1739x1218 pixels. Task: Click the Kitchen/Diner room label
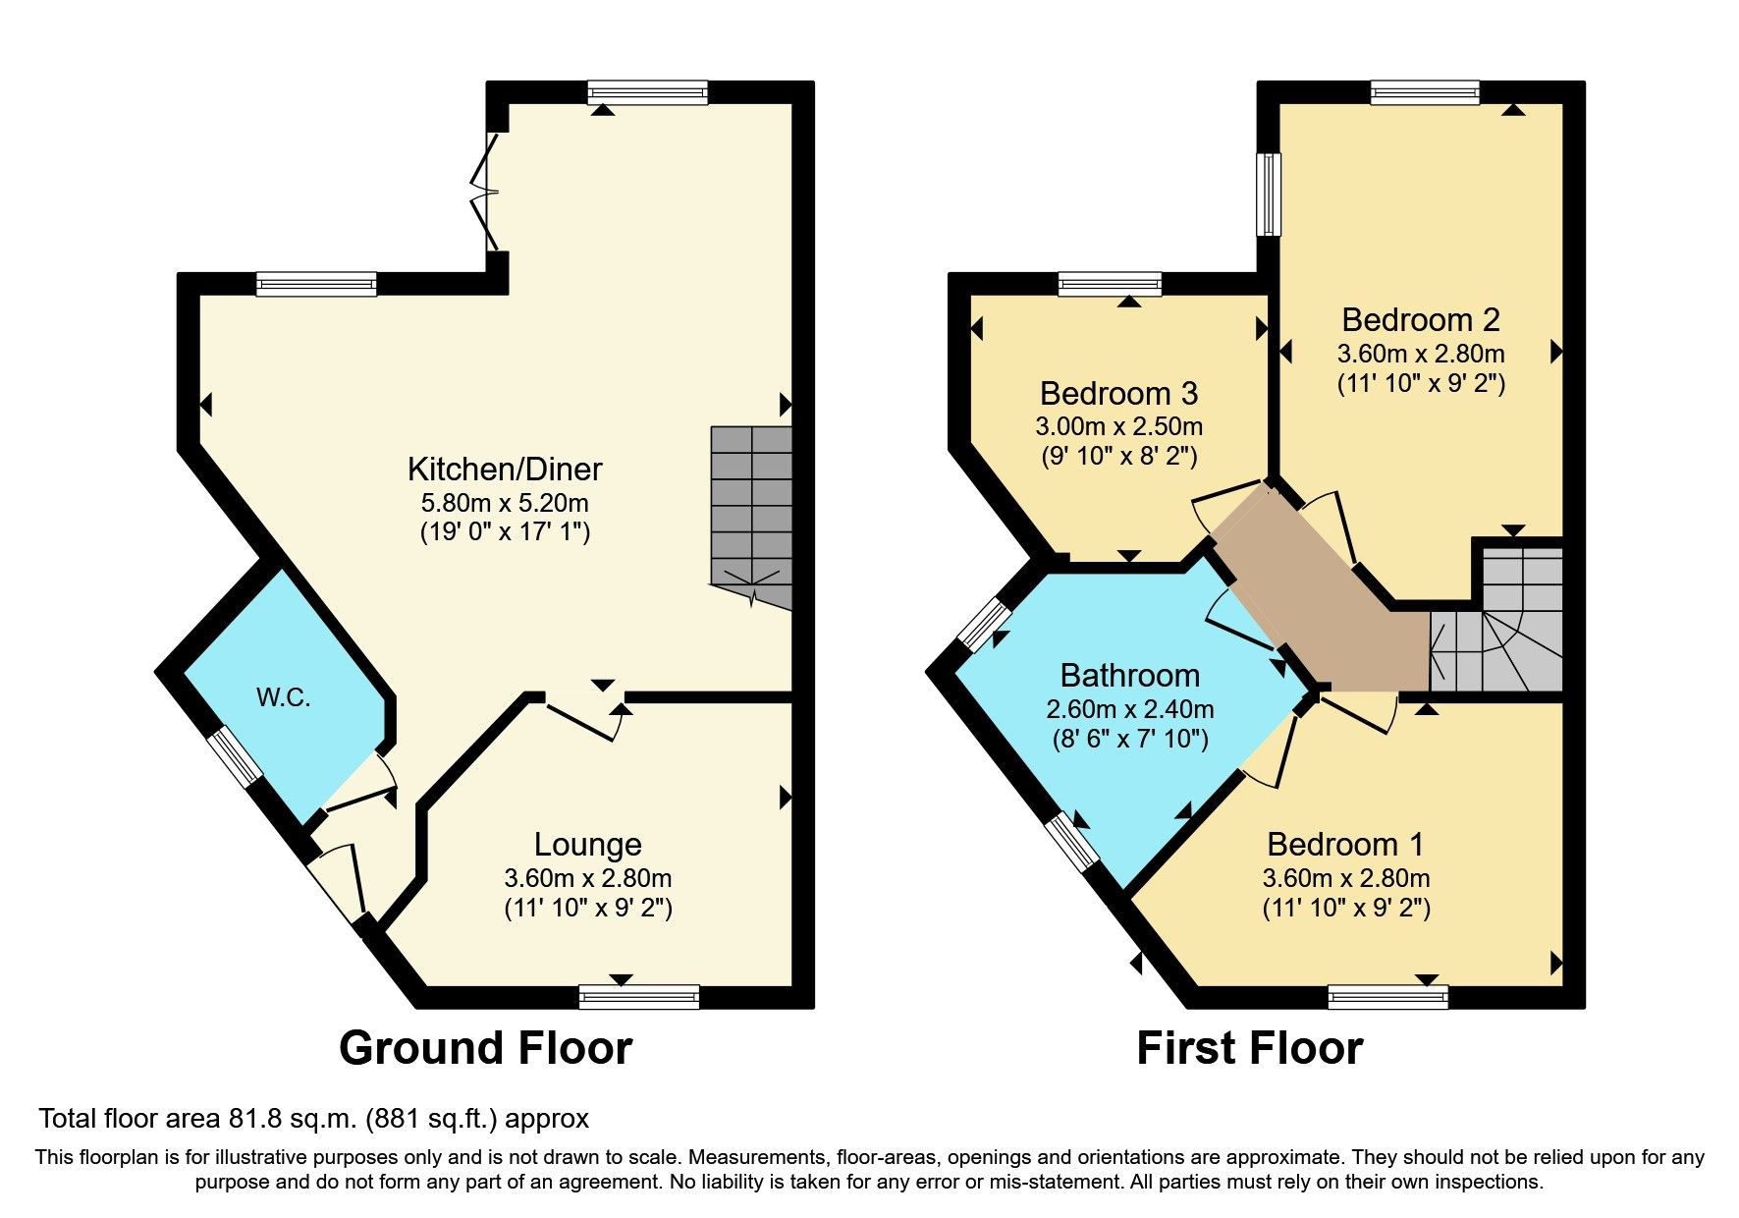tap(505, 470)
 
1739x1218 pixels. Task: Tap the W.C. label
tap(283, 697)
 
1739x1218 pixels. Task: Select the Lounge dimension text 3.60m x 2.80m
tap(587, 878)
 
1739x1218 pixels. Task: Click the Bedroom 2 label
tap(1420, 320)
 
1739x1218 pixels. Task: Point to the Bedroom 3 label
tap(1118, 394)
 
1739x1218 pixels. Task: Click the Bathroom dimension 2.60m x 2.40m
tap(1129, 709)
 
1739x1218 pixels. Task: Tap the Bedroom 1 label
tap(1345, 845)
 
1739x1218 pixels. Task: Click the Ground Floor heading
tap(485, 1048)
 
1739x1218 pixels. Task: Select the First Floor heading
tap(1249, 1048)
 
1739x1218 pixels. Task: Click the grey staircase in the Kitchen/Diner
tap(751, 511)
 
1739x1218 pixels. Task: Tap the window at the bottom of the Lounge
tap(639, 998)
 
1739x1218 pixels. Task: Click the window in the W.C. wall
tap(235, 755)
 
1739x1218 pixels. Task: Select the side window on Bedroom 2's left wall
tap(1270, 194)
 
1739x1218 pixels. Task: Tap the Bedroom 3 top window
tap(1110, 285)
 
